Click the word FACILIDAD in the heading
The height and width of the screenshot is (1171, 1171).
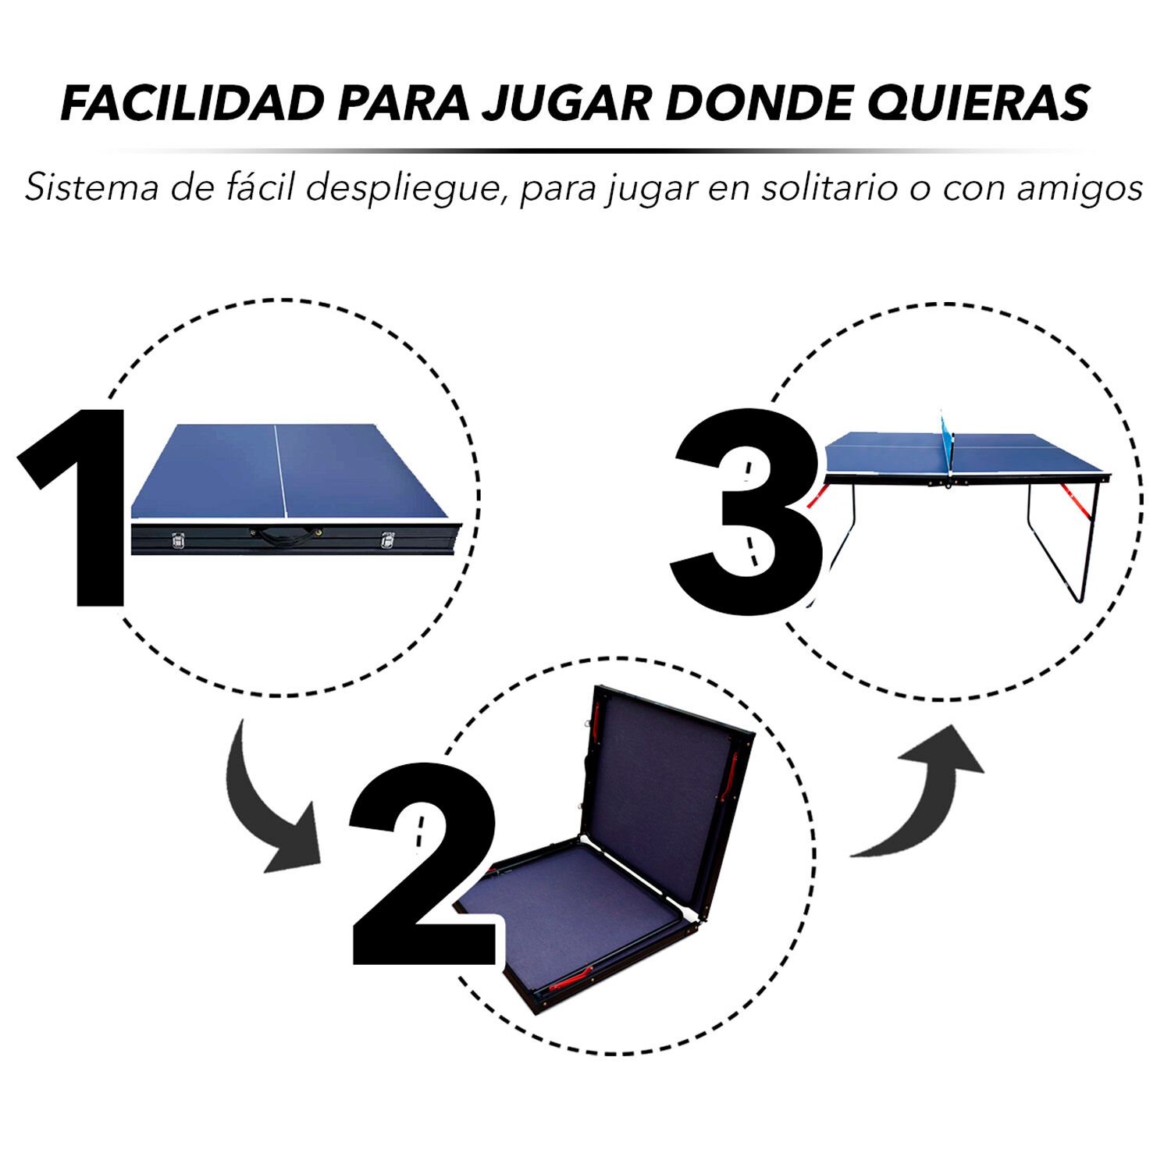(192, 102)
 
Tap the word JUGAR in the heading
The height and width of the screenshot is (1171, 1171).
(566, 102)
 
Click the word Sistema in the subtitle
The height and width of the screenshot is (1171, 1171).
(91, 188)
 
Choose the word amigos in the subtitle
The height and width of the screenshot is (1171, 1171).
(1080, 190)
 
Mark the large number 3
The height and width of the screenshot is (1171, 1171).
(746, 511)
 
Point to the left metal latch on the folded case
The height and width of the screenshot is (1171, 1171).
(179, 539)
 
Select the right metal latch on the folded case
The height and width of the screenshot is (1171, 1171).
(387, 539)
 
